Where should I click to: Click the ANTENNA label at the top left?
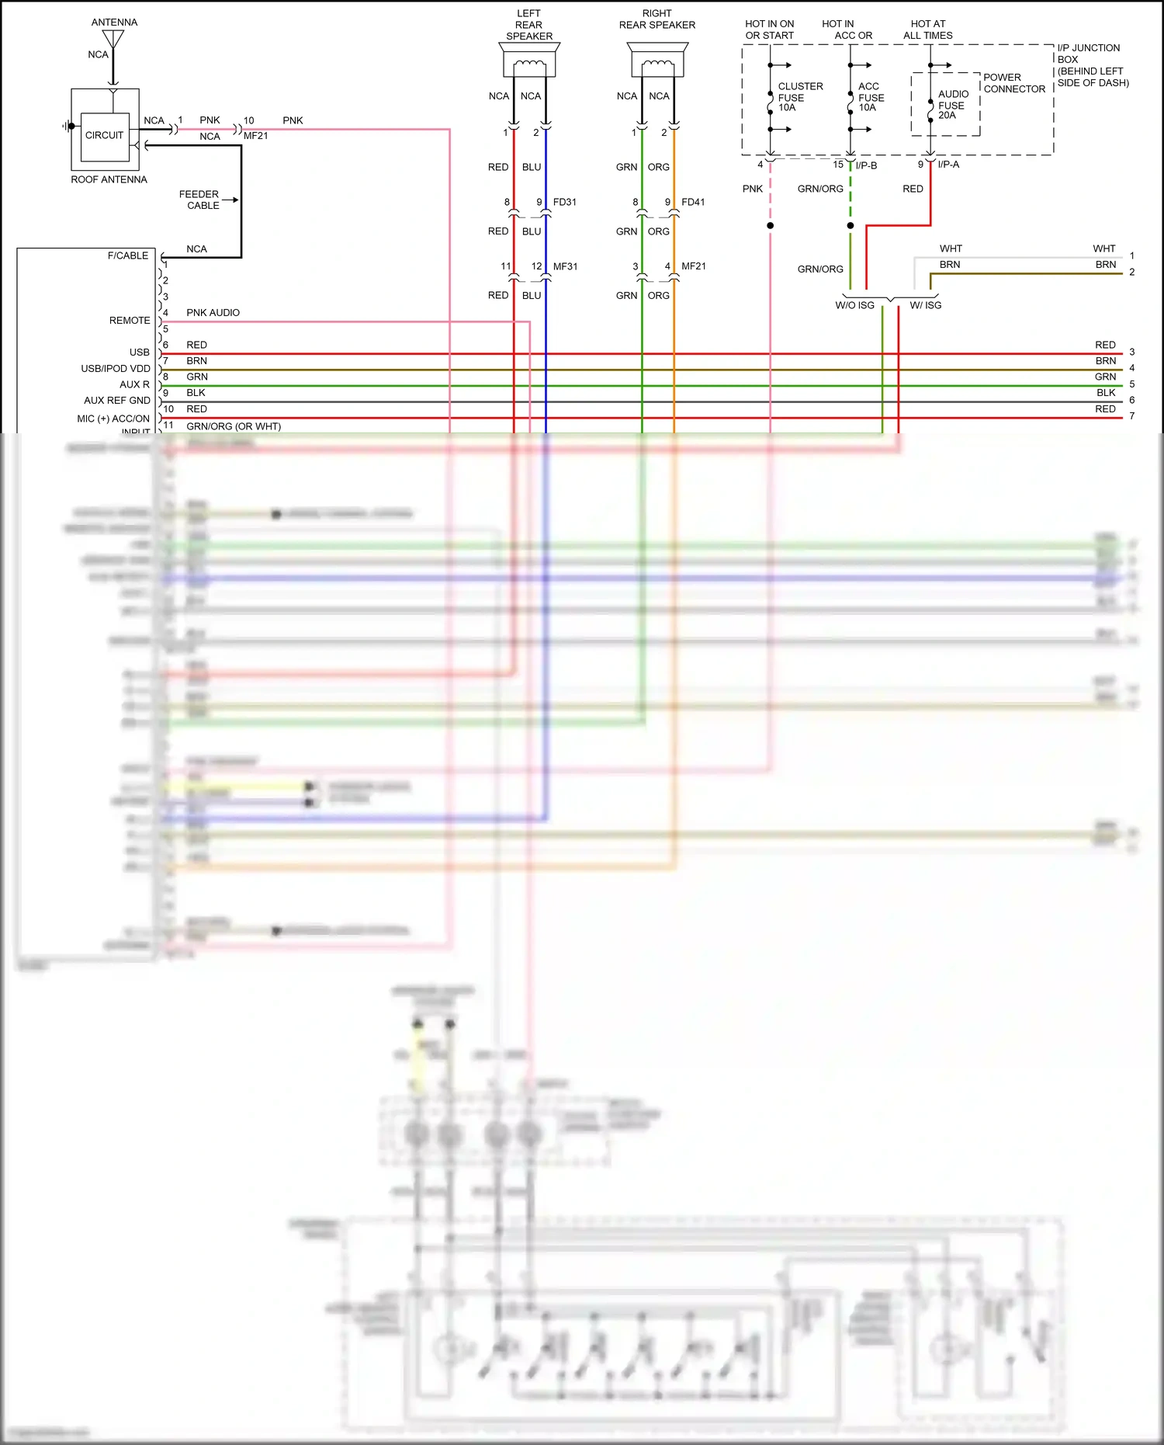click(x=114, y=23)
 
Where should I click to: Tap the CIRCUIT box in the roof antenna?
click(x=105, y=135)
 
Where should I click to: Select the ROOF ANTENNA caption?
click(x=109, y=179)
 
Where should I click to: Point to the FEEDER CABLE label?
click(x=199, y=200)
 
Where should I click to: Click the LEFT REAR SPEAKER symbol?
click(x=529, y=61)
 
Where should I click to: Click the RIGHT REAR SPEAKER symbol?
click(x=657, y=61)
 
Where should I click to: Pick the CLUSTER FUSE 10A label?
click(x=799, y=97)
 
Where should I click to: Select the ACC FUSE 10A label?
click(x=871, y=97)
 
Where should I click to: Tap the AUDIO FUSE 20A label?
click(x=952, y=105)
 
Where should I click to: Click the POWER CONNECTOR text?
click(x=1013, y=83)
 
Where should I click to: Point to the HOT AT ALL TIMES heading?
click(x=928, y=30)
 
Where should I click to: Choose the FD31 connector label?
click(x=565, y=202)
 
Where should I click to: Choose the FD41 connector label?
click(x=693, y=202)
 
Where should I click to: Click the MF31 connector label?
click(x=565, y=266)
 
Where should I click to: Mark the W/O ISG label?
click(x=854, y=305)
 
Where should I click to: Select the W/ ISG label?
click(x=925, y=305)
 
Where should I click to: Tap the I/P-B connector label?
click(x=866, y=165)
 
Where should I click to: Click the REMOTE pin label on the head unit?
click(x=130, y=321)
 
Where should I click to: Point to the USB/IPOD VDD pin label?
click(x=116, y=369)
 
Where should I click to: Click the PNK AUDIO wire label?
click(x=213, y=313)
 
